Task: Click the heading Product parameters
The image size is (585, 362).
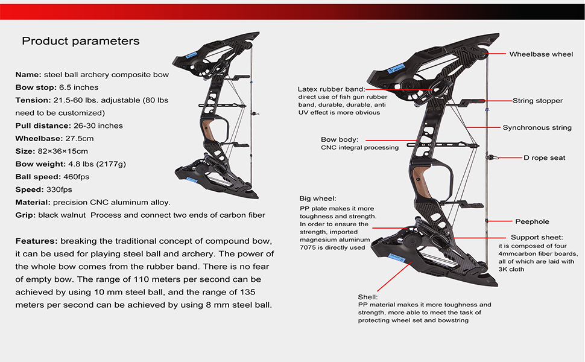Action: pyautogui.click(x=81, y=41)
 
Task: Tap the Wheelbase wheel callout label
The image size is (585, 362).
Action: pyautogui.click(x=541, y=54)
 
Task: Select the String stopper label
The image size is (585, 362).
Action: pyautogui.click(x=537, y=101)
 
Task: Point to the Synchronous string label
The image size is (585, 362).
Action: pyautogui.click(x=537, y=128)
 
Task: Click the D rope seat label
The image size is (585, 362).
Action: pyautogui.click(x=545, y=157)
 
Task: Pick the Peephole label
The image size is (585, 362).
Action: pyautogui.click(x=532, y=221)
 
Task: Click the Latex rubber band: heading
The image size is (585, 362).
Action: pyautogui.click(x=331, y=89)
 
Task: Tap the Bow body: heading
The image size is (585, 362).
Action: pyautogui.click(x=340, y=139)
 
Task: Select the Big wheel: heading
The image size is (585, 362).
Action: pyautogui.click(x=318, y=198)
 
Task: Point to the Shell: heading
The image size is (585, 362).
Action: pyautogui.click(x=367, y=297)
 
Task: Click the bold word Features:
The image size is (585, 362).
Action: pyautogui.click(x=36, y=241)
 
